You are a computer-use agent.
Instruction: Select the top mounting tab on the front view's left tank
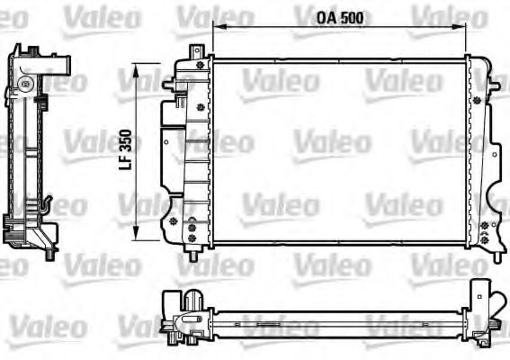pos(200,54)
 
